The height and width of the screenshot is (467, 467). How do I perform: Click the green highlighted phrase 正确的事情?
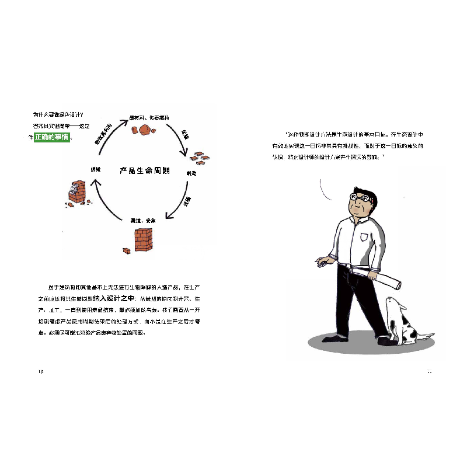pos(52,137)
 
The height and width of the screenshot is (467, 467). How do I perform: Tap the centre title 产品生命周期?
pos(145,170)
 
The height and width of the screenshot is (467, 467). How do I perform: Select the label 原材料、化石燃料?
pos(149,117)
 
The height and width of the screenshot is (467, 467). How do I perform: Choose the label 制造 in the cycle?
pos(191,173)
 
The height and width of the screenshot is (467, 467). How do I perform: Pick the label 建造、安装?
pos(142,221)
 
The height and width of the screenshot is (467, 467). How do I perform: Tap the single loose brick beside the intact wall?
pos(126,250)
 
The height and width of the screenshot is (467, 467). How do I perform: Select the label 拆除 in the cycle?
pos(95,169)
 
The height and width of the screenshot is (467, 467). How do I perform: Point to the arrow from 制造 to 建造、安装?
pos(181,204)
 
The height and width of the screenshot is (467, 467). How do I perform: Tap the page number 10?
pos(40,372)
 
